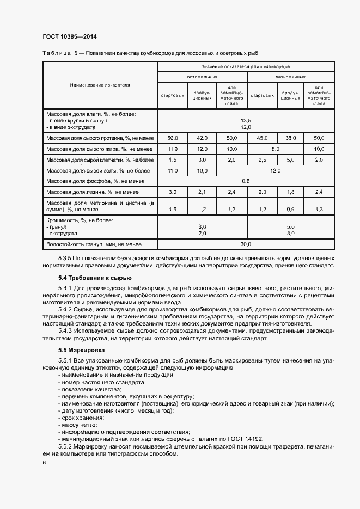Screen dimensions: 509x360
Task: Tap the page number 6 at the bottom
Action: [x=44, y=462]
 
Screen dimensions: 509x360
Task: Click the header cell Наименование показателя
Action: [x=100, y=85]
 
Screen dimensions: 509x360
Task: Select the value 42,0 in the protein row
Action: [x=202, y=138]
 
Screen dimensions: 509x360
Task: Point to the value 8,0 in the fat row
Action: [x=275, y=148]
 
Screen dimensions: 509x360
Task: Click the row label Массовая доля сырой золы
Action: [x=98, y=170]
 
